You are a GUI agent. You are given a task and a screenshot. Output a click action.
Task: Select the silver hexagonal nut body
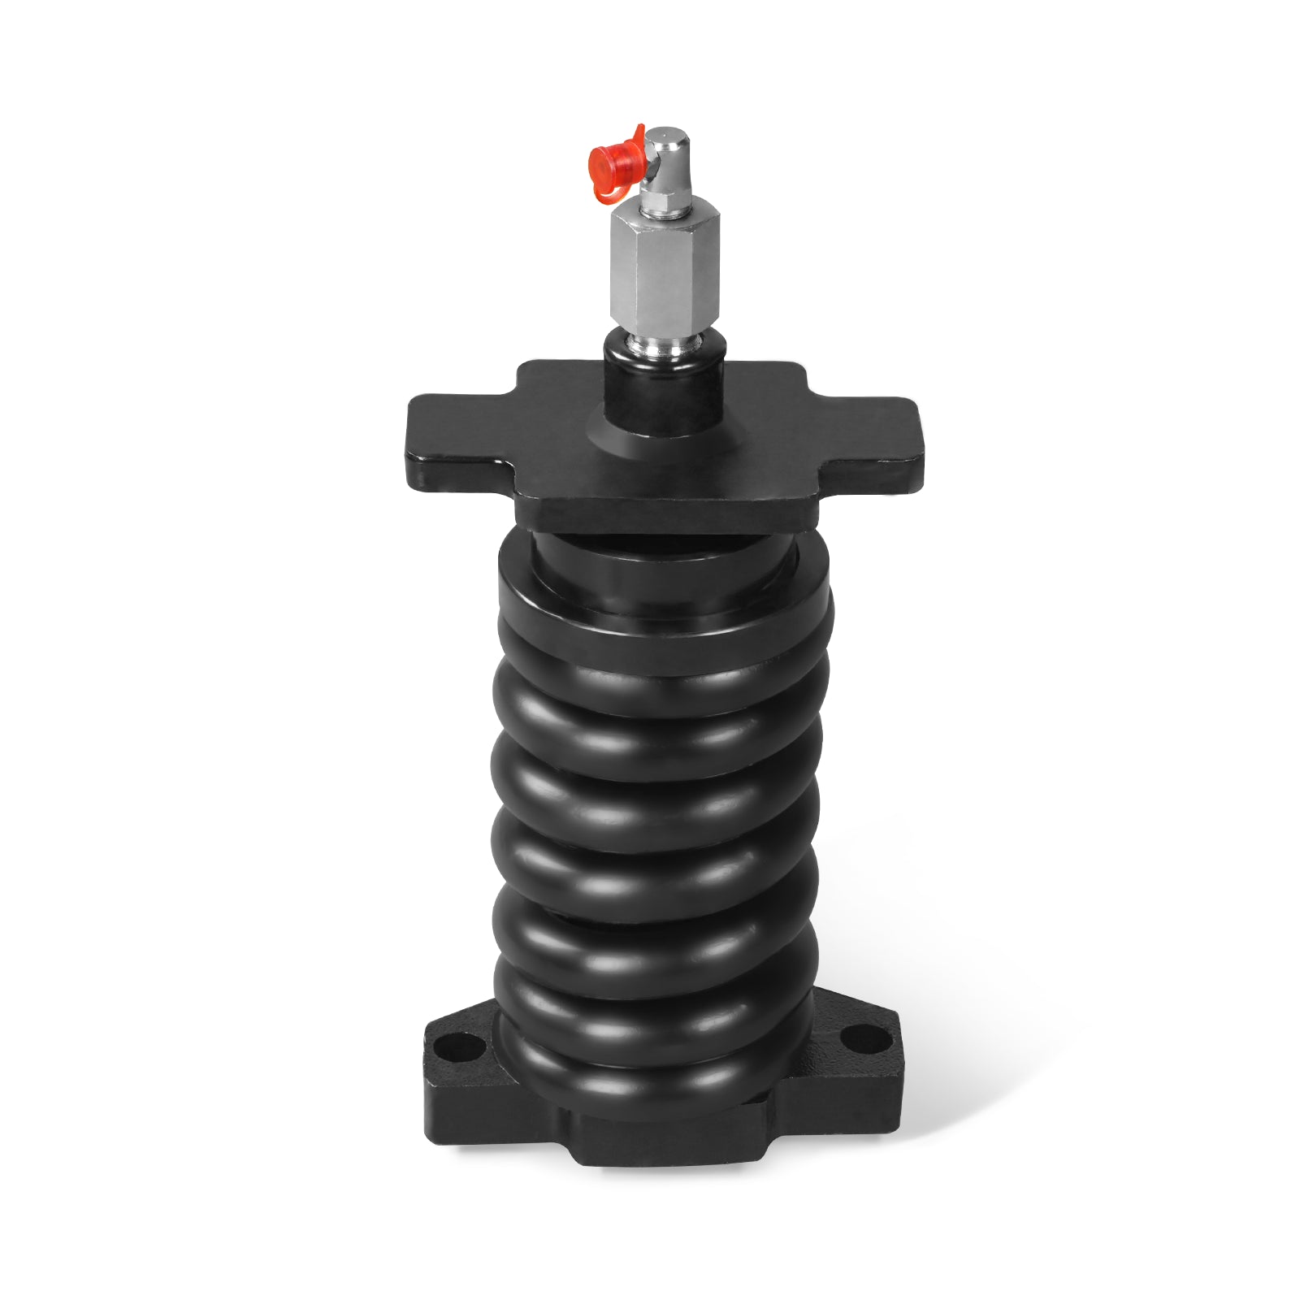[665, 271]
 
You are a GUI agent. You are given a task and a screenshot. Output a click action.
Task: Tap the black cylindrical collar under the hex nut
[662, 390]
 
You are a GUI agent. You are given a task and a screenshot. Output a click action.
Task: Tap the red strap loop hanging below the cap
[606, 192]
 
